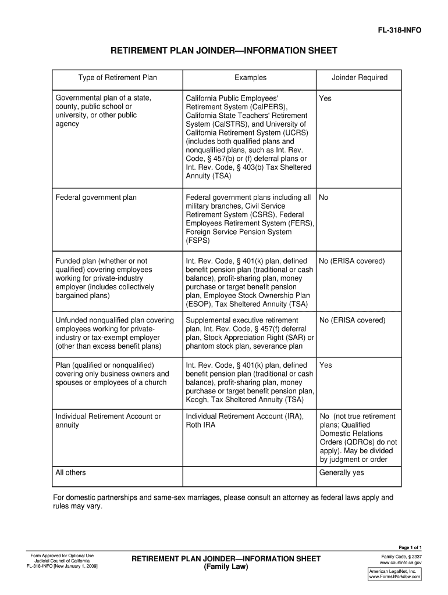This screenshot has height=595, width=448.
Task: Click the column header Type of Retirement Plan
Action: [118, 77]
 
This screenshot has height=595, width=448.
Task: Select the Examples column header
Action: [250, 77]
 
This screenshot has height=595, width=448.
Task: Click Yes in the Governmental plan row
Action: [325, 98]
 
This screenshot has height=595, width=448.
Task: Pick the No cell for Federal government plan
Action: [323, 198]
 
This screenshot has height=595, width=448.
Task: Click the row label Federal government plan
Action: [96, 198]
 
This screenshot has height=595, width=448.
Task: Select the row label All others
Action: [70, 472]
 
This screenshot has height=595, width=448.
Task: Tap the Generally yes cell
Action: [342, 472]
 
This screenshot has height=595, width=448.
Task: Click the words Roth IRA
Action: [200, 425]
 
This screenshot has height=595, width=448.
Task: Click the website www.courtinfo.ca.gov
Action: [400, 563]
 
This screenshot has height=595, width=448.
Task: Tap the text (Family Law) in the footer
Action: [226, 567]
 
